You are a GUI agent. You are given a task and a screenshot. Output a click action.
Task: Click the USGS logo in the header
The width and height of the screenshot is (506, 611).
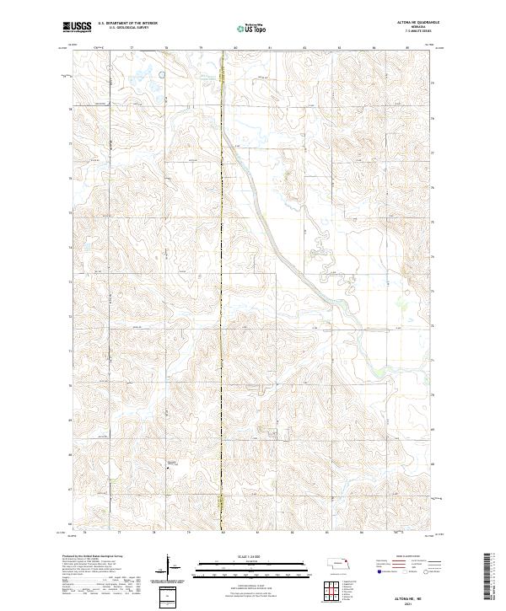(77, 27)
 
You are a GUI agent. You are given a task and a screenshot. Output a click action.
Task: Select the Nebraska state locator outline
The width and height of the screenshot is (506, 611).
(340, 562)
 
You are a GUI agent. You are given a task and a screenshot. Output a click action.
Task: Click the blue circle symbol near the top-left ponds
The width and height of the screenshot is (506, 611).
(160, 73)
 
